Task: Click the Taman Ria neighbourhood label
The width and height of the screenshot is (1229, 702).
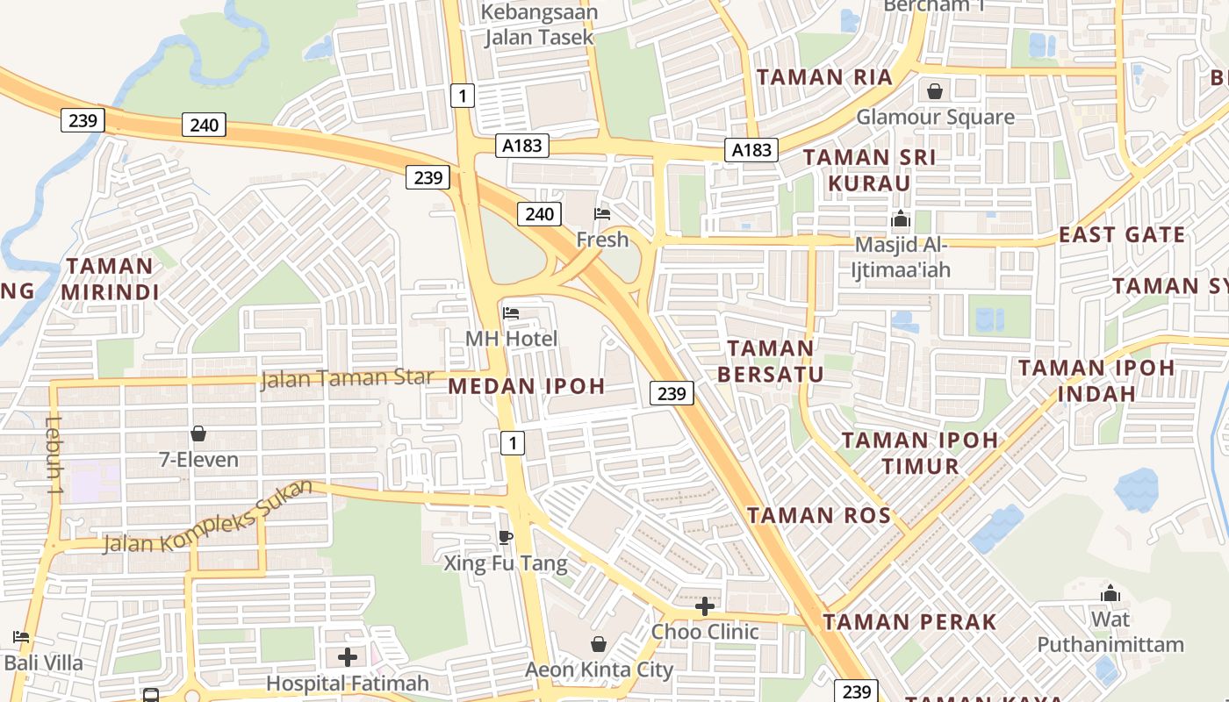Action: click(824, 77)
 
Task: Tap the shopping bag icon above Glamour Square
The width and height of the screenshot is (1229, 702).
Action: click(935, 91)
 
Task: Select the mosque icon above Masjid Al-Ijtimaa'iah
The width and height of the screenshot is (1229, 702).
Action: click(901, 219)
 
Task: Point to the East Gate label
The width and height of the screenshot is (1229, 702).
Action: click(1122, 235)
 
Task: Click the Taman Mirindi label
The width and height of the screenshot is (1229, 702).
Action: click(110, 279)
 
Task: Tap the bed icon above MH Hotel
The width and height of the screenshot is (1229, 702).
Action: click(511, 313)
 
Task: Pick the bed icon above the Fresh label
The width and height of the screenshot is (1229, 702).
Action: click(602, 214)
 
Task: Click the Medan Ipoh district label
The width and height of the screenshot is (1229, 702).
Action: click(527, 386)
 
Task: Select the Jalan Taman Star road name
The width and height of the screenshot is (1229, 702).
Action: click(348, 379)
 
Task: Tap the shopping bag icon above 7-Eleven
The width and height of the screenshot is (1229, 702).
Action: click(198, 433)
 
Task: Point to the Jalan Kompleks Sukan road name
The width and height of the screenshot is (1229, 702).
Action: click(208, 519)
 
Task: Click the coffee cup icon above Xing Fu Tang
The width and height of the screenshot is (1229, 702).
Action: click(505, 537)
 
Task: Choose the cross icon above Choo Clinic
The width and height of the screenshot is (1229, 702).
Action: click(705, 606)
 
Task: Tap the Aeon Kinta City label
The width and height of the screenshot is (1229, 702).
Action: click(599, 670)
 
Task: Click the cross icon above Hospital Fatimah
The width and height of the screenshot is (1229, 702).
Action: click(348, 657)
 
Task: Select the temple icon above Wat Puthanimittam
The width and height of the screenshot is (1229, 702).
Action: click(1110, 594)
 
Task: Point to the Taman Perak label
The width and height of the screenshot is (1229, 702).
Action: click(909, 623)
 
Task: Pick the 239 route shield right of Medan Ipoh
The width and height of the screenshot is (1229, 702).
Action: click(672, 393)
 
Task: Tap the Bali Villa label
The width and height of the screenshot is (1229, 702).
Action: click(44, 663)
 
